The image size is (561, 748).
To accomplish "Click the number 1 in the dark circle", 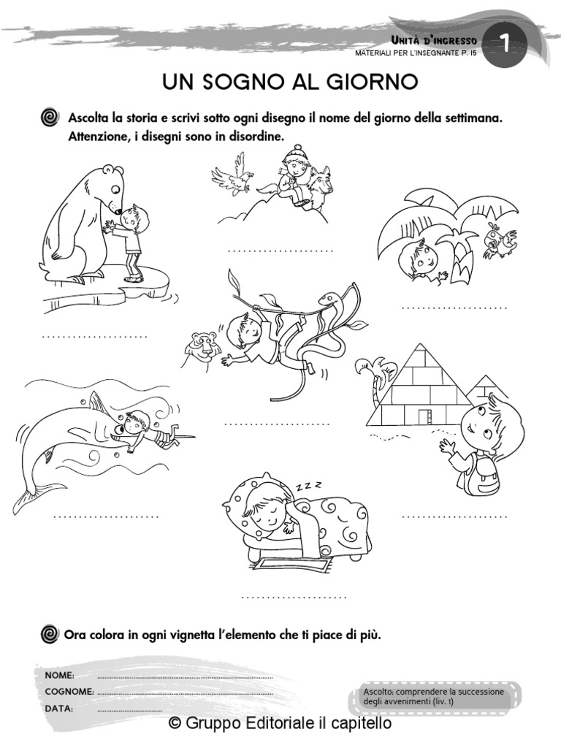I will click(505, 45).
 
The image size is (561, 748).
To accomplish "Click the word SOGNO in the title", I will click(240, 81).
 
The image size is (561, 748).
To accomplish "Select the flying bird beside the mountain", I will click(232, 175).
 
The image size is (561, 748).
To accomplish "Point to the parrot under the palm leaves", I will click(500, 241).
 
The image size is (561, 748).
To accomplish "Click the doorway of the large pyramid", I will click(423, 416).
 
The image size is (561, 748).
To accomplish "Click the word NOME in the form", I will click(59, 675).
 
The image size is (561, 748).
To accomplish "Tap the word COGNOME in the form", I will click(69, 691).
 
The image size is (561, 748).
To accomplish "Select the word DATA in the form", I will click(58, 708).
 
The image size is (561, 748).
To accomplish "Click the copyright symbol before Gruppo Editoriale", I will click(174, 723).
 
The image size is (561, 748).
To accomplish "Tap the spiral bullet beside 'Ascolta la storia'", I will click(50, 118).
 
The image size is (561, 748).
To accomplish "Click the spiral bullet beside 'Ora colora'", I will click(50, 633).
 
